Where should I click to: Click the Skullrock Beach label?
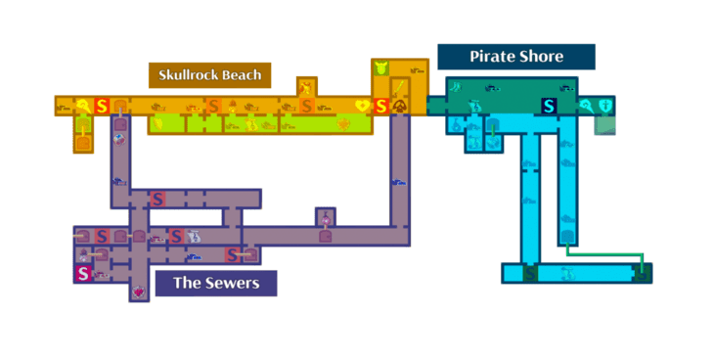pos(209,75)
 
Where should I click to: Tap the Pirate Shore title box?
pos(515,57)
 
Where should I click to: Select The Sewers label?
pos(215,284)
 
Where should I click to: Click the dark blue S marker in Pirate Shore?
pos(549,106)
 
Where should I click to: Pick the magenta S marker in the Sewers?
pos(83,274)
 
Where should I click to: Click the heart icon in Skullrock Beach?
pos(363,106)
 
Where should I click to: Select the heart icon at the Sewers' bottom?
pos(138,291)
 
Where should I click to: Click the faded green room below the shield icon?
pos(605,124)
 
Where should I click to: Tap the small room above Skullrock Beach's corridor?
pos(306,87)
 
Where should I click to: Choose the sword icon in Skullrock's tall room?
pos(400,88)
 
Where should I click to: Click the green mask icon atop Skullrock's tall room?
pos(381,68)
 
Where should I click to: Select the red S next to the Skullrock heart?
pos(381,106)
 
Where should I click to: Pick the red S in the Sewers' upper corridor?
pos(156,200)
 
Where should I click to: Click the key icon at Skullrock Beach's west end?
pos(85,106)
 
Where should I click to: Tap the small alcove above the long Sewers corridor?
pos(325,217)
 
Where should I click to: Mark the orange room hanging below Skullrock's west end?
pos(84,141)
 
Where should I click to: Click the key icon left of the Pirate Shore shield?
pos(585,106)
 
